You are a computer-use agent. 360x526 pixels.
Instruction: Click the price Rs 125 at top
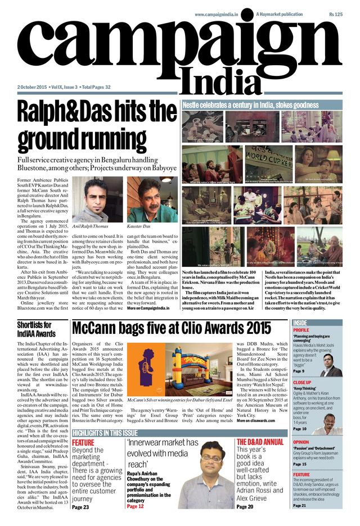tap(335, 13)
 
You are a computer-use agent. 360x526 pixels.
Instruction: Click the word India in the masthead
tap(224, 80)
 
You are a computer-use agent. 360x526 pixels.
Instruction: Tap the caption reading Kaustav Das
tap(139, 225)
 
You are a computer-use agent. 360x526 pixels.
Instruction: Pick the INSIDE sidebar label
tap(300, 323)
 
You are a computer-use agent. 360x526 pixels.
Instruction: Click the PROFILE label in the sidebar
tap(301, 330)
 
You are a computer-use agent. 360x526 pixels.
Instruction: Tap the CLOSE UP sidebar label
tap(303, 382)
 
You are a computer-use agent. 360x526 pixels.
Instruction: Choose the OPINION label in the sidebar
tap(301, 442)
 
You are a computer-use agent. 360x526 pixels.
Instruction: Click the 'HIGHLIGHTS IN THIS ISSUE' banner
tap(105, 433)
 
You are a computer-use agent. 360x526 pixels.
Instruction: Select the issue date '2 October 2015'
tap(32, 87)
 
